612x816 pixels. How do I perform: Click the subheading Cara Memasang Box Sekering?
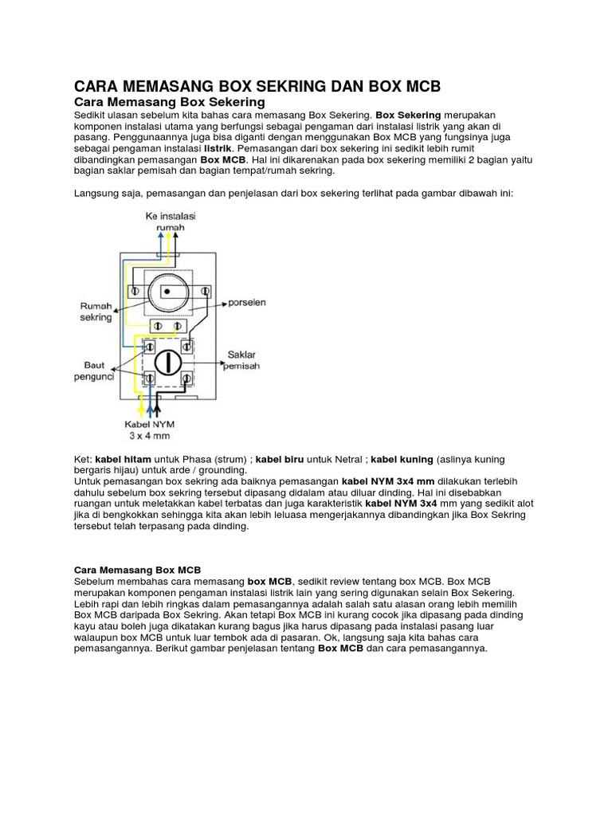[169, 103]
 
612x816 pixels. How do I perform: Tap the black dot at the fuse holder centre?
[167, 292]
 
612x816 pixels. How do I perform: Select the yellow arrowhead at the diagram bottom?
[142, 409]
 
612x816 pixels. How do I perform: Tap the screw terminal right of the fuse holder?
[205, 292]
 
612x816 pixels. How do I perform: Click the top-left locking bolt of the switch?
[148, 346]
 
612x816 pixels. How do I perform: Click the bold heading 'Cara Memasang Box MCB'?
[137, 570]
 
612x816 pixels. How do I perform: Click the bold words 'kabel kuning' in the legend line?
[402, 460]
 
